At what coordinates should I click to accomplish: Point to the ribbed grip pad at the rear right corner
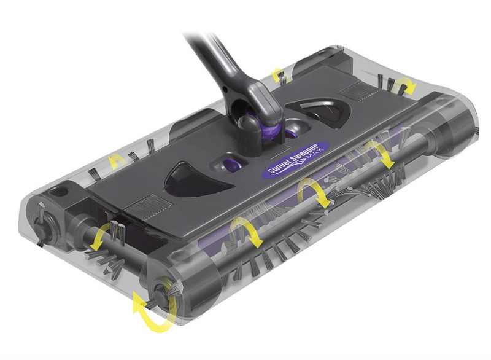click(354, 91)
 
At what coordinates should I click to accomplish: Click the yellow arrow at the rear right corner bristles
click(405, 85)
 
